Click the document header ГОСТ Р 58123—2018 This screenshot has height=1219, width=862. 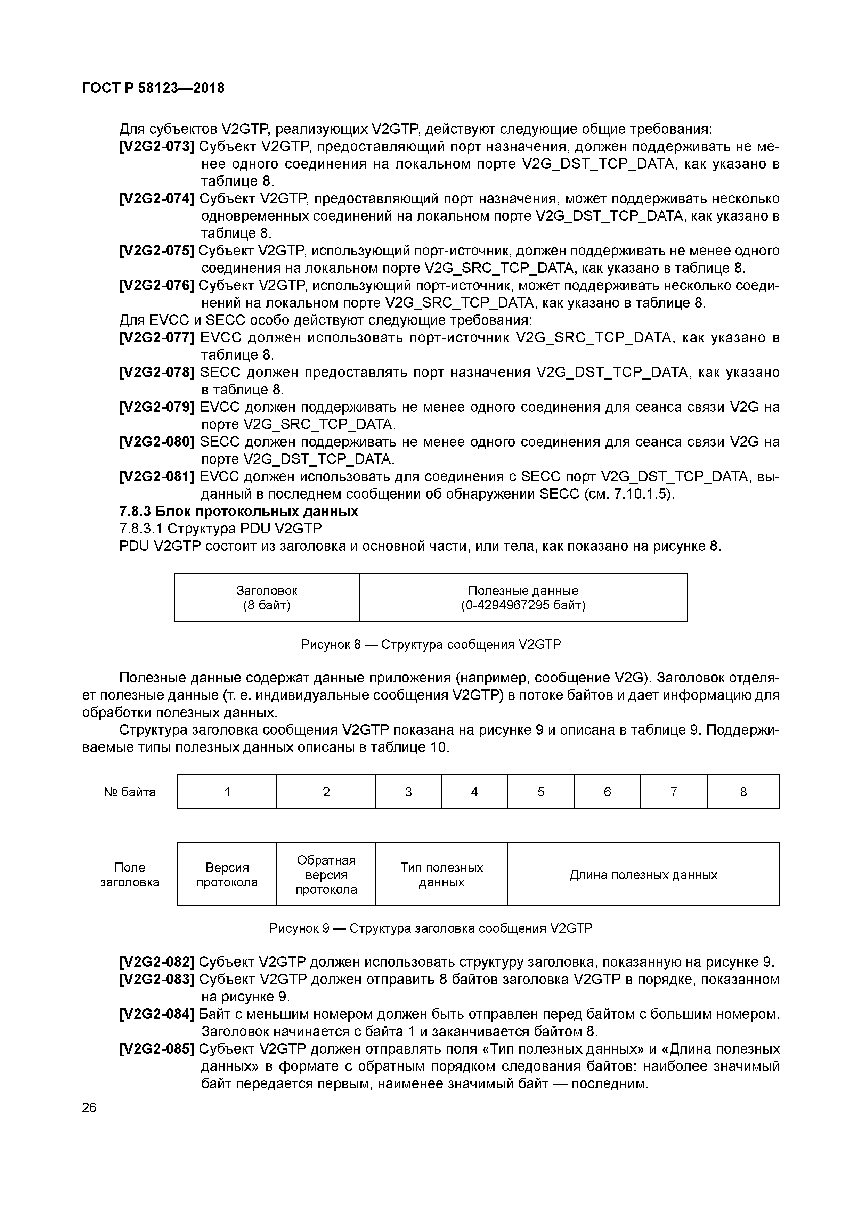pos(154,88)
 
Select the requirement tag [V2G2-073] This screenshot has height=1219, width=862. pos(157,147)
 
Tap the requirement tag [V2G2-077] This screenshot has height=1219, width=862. pos(157,338)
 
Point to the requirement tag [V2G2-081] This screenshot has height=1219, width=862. pos(157,477)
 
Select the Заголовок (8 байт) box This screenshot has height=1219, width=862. pos(267,597)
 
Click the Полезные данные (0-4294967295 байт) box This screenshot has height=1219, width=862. pos(523,597)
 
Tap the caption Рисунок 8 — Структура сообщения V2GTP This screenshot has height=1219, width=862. pos(431,645)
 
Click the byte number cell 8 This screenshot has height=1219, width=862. pos(743,792)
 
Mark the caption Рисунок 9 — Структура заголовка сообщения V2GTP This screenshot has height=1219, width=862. pos(431,928)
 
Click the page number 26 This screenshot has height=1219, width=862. pos(89,1107)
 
